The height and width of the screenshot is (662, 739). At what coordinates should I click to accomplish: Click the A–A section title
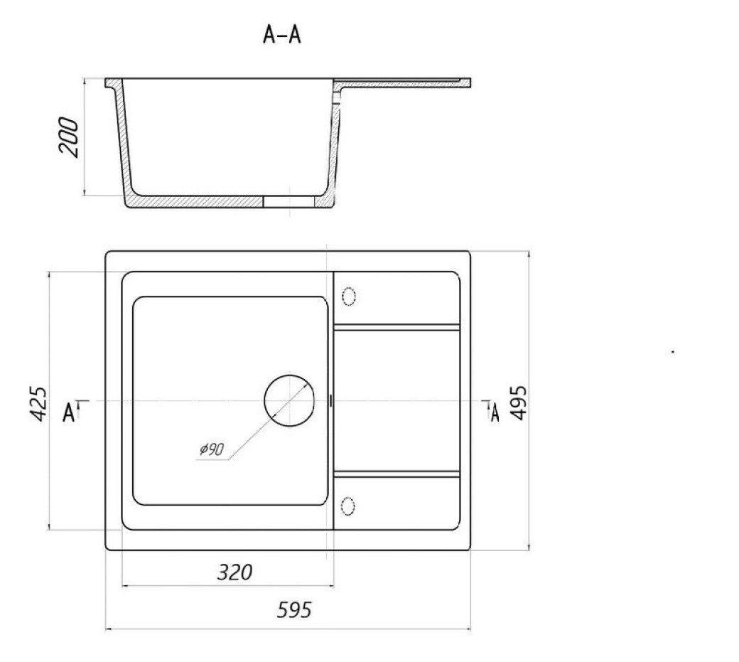282,35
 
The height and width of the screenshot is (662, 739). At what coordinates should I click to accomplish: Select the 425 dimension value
38,404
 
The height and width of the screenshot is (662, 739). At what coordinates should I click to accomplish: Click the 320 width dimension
234,572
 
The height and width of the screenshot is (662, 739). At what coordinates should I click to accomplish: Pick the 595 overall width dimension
294,610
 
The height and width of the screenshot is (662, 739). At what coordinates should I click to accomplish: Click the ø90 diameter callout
211,449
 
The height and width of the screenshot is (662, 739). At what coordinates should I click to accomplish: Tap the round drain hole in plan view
289,401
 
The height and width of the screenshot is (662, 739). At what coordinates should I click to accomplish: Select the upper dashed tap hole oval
348,297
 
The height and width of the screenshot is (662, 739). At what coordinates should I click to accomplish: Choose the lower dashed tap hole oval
347,506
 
